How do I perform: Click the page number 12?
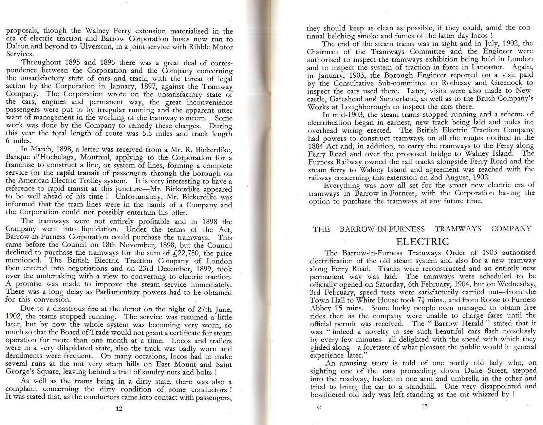(x=119, y=409)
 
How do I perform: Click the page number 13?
(x=425, y=407)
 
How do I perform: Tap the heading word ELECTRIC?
(x=423, y=242)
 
